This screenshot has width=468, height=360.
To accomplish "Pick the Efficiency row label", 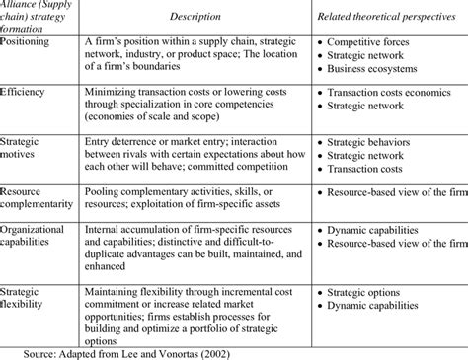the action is coord(28,90).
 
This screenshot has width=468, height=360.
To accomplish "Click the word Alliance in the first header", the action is coord(24,4).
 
